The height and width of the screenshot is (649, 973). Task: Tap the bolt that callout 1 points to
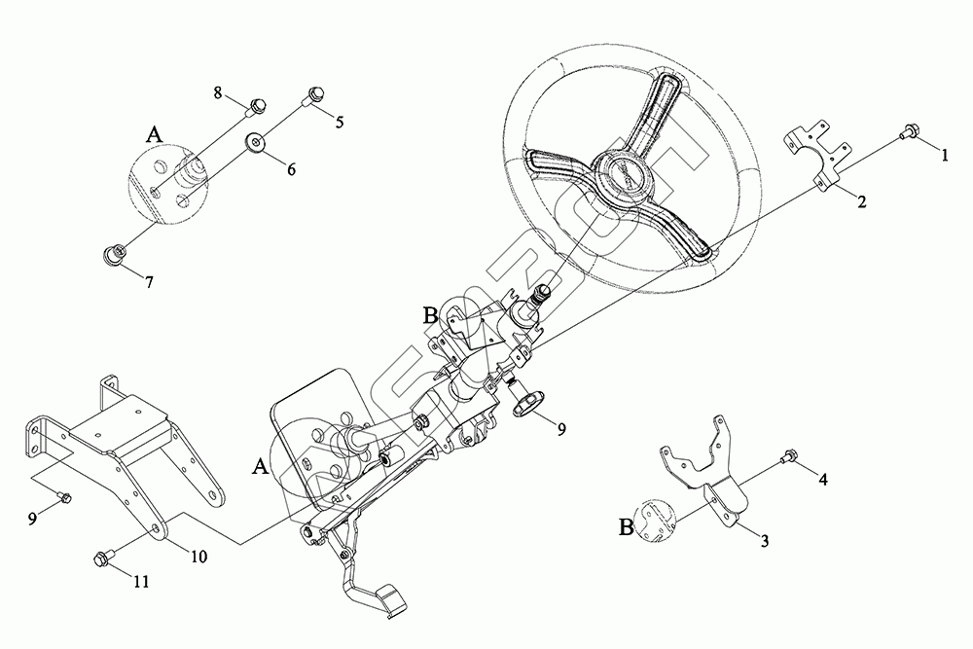click(911, 131)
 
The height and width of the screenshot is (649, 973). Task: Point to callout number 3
click(765, 541)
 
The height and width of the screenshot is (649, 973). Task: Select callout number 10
click(198, 558)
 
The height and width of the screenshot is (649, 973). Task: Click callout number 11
click(142, 582)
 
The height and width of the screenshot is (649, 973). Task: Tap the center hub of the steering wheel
click(621, 177)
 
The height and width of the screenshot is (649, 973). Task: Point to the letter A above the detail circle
click(154, 134)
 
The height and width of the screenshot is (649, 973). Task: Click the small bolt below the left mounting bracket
click(65, 497)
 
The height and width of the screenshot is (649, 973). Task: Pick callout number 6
click(290, 167)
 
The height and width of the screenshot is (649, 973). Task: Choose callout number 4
click(823, 480)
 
